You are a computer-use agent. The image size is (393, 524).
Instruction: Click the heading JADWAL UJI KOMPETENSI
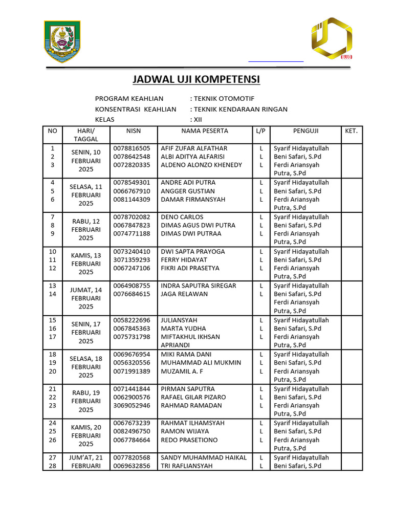click(196, 79)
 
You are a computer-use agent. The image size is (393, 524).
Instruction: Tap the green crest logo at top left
click(62, 41)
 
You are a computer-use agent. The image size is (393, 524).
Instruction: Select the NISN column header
click(133, 131)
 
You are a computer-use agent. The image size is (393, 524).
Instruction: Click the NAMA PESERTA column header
click(205, 131)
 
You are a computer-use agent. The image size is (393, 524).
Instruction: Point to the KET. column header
click(351, 131)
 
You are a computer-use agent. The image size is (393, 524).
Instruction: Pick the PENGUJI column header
click(306, 131)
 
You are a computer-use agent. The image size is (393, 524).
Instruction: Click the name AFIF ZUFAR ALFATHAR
click(194, 148)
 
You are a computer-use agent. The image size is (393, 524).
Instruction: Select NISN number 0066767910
click(132, 191)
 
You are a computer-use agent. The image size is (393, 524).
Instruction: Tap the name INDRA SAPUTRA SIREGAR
click(199, 286)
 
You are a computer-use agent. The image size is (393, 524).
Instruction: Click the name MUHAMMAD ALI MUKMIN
click(201, 363)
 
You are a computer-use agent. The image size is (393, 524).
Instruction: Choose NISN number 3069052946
click(132, 405)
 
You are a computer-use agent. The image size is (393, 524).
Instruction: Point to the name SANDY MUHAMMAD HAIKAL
click(204, 457)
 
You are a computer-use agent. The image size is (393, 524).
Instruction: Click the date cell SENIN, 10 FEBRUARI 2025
click(86, 161)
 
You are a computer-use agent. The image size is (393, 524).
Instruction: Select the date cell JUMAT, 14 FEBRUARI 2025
click(86, 298)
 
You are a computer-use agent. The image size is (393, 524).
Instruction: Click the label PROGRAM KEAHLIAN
click(129, 99)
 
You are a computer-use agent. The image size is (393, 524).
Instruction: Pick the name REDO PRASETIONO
click(189, 440)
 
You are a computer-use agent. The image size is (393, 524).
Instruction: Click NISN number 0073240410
click(132, 251)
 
